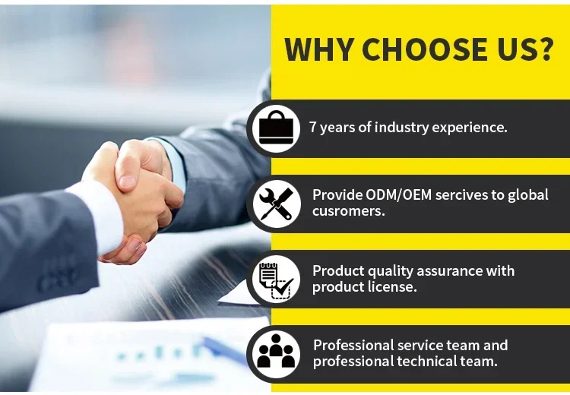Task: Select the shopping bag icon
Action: (276, 128)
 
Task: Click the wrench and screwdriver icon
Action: (277, 204)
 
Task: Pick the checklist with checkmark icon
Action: (277, 279)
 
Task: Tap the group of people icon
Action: (276, 351)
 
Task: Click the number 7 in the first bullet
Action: (312, 127)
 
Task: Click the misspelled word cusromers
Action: (349, 211)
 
